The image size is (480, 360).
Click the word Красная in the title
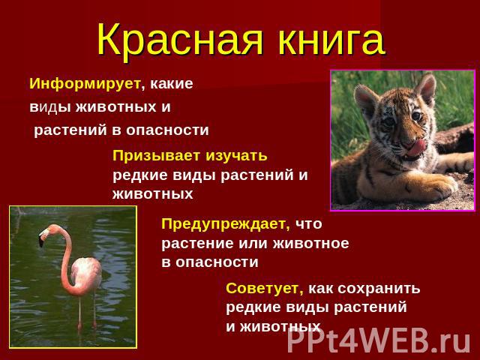[x=180, y=40]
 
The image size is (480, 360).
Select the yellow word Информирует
[x=85, y=83]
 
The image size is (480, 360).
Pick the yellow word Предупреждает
[x=225, y=224]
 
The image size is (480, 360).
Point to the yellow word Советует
[x=264, y=288]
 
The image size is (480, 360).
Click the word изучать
[x=236, y=156]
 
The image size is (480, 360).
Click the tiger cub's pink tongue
[x=415, y=148]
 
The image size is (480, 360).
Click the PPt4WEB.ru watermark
[x=379, y=340]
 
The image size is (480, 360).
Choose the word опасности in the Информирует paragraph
[x=167, y=130]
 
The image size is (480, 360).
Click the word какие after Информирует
[x=172, y=84]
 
